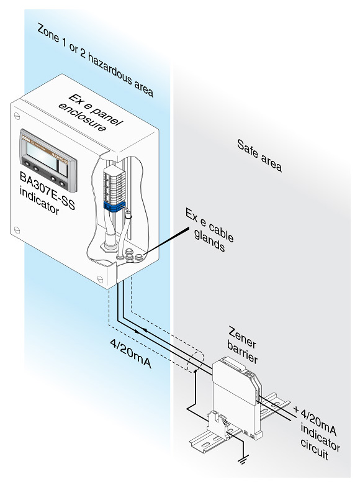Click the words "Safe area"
click(x=259, y=155)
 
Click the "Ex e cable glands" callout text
click(x=210, y=230)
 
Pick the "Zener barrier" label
click(x=243, y=344)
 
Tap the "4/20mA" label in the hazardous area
click(x=130, y=353)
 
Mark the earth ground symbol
click(x=243, y=460)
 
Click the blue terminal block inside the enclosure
click(x=114, y=206)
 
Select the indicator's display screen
click(x=42, y=153)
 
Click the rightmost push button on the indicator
click(x=62, y=184)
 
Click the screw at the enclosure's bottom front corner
click(x=101, y=278)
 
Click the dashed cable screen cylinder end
click(x=195, y=362)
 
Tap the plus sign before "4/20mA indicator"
click(x=295, y=409)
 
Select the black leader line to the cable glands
click(x=166, y=240)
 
